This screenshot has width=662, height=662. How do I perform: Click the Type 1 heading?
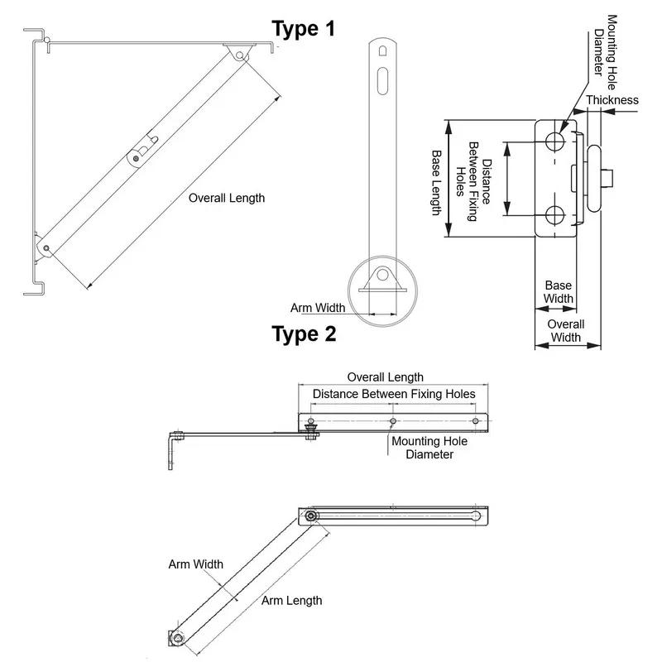pos(304,29)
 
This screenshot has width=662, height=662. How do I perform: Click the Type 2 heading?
pos(304,334)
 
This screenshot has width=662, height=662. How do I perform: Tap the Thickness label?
pos(612,100)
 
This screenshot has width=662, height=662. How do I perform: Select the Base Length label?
pos(437,183)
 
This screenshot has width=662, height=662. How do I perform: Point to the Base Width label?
pos(559,292)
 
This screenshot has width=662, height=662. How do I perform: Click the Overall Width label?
pos(567,331)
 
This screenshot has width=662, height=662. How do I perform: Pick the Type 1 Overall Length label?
pos(227,198)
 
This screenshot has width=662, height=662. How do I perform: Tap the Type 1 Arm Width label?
pos(318,308)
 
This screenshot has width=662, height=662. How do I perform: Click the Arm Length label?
pos(292,601)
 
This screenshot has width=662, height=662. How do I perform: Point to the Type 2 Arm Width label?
pos(196,564)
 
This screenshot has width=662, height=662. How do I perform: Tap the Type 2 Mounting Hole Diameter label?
pos(429,448)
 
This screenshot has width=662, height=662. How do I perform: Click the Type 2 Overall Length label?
pos(385,377)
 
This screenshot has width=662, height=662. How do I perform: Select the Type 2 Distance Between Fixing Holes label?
pos(394,394)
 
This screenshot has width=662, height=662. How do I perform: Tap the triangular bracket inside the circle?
pos(381,280)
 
